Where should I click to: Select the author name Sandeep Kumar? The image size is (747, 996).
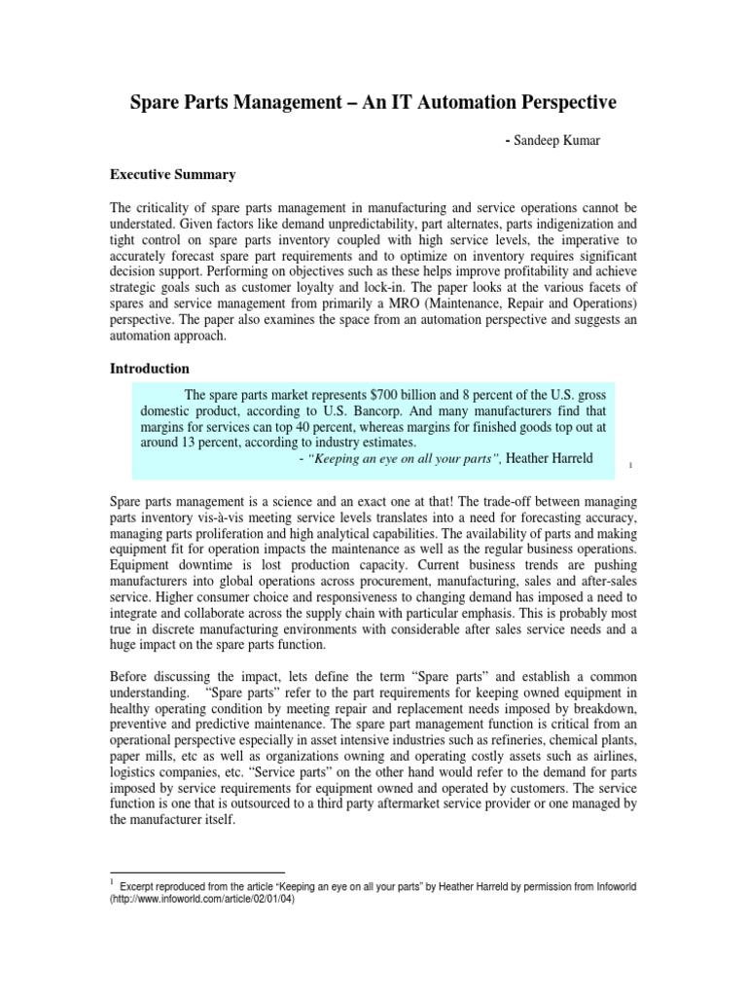tap(561, 140)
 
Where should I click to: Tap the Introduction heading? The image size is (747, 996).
tap(149, 369)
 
